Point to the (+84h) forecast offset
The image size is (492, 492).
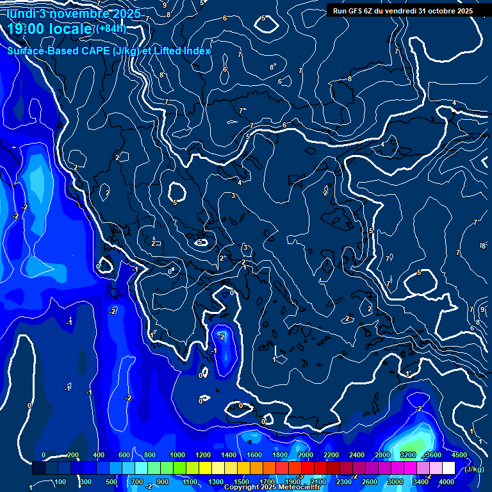[111, 28]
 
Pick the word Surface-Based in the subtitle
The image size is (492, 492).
[41, 51]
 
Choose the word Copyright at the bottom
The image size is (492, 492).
[242, 488]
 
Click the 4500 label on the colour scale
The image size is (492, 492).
[459, 455]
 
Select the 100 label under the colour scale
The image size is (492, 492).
[60, 482]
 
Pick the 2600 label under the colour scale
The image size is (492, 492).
[370, 482]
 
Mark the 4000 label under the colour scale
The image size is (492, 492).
[447, 482]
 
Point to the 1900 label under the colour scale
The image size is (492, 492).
[293, 482]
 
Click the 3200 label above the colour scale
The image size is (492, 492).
[408, 455]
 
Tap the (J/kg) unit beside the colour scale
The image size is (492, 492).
[475, 470]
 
